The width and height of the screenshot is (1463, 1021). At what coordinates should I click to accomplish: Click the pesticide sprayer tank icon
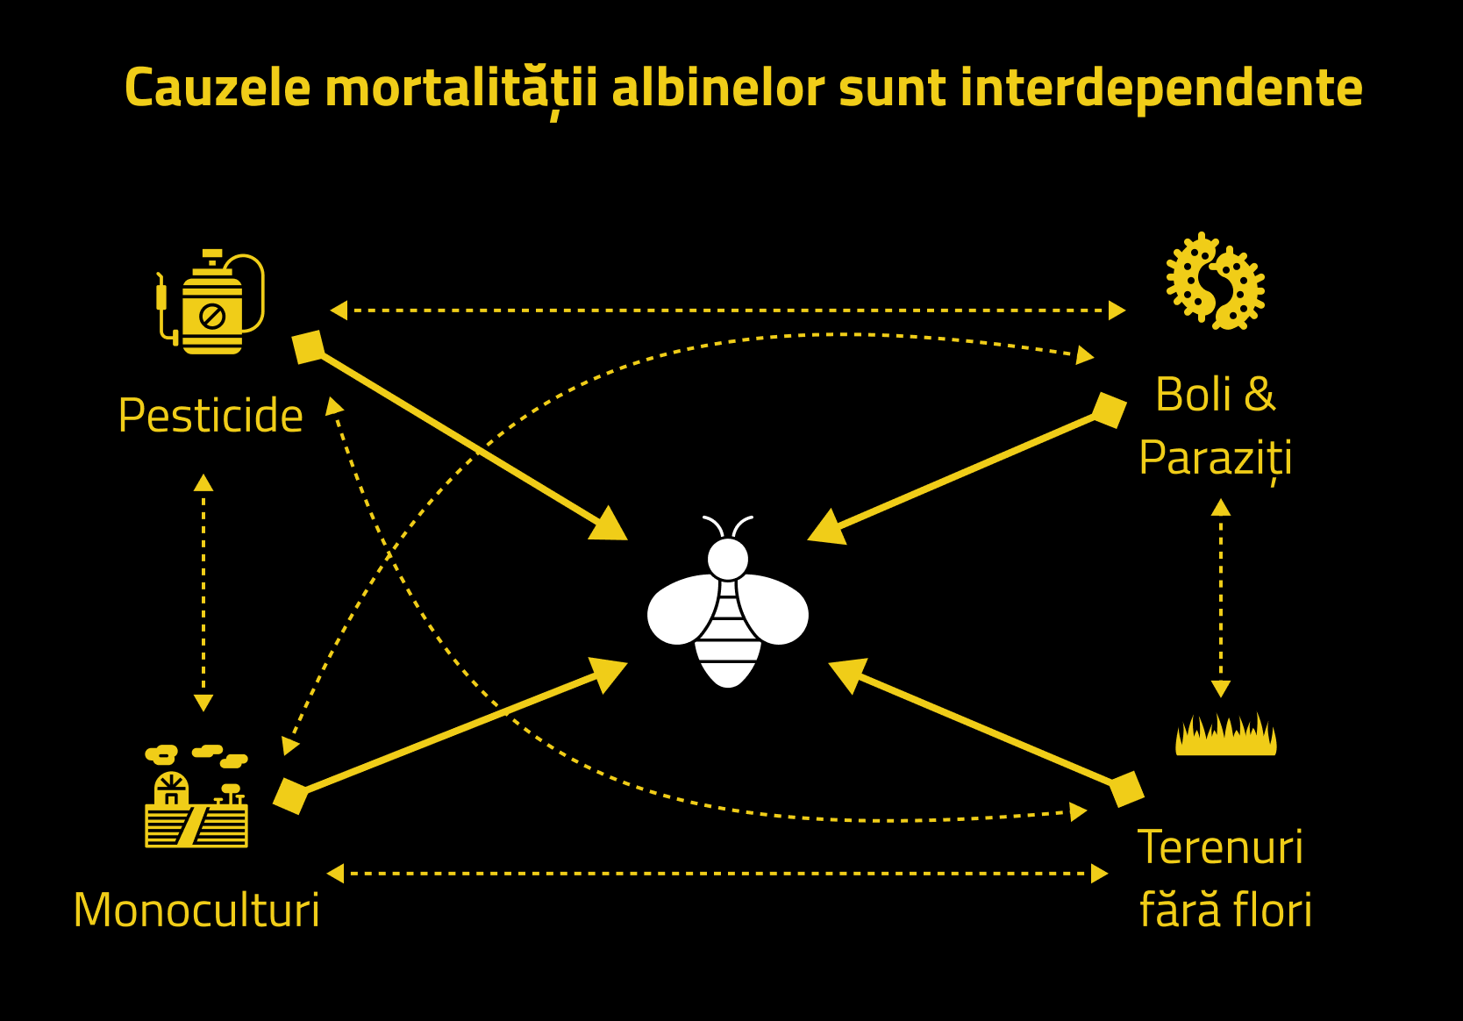pos(211,303)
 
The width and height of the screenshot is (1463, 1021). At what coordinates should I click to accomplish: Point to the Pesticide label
pos(211,415)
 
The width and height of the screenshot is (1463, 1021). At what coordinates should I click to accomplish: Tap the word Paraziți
pos(1216,458)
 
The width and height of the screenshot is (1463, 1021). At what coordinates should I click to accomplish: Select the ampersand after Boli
pos(1259,394)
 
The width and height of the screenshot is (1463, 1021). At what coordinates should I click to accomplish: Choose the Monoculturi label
pos(196,910)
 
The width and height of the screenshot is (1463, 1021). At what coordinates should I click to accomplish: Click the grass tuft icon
pos(1225,735)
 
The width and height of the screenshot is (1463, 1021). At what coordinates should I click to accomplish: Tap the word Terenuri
pos(1220,847)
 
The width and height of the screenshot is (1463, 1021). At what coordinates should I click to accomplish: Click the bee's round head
pos(727,559)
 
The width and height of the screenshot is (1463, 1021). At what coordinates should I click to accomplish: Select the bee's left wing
pos(684,610)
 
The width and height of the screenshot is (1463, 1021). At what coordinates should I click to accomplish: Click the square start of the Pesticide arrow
pos(308,346)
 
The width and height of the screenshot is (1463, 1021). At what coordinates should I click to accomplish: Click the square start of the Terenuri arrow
pos(1126,789)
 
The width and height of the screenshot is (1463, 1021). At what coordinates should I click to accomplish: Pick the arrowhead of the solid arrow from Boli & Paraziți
pos(827,528)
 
